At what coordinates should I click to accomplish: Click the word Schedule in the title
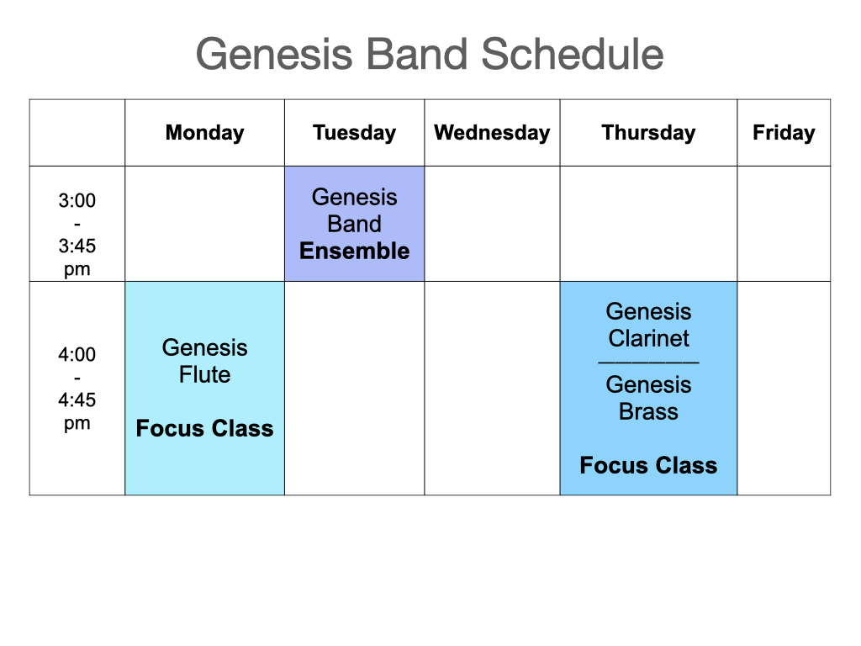(573, 54)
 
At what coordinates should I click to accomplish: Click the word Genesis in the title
(274, 54)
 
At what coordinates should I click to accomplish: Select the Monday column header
(205, 133)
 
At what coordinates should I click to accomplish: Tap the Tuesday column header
(354, 133)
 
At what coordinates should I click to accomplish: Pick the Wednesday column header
(492, 133)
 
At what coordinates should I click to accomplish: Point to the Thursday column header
(648, 133)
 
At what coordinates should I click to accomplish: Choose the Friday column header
(784, 133)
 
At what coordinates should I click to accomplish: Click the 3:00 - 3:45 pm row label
(77, 235)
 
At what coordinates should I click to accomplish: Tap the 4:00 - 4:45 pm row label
(77, 389)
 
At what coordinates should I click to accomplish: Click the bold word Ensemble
(354, 251)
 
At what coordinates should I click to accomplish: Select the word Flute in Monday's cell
(205, 374)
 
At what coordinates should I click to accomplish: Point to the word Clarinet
(648, 338)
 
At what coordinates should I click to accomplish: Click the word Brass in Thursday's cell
(648, 411)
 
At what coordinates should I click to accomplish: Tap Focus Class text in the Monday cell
(205, 428)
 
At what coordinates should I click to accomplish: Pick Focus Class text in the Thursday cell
(648, 465)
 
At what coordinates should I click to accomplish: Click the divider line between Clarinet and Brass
(648, 363)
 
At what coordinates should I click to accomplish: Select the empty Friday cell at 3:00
(784, 224)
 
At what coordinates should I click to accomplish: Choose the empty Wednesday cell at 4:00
(492, 389)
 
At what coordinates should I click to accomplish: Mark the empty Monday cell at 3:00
(205, 224)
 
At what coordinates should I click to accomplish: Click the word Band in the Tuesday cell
(354, 224)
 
